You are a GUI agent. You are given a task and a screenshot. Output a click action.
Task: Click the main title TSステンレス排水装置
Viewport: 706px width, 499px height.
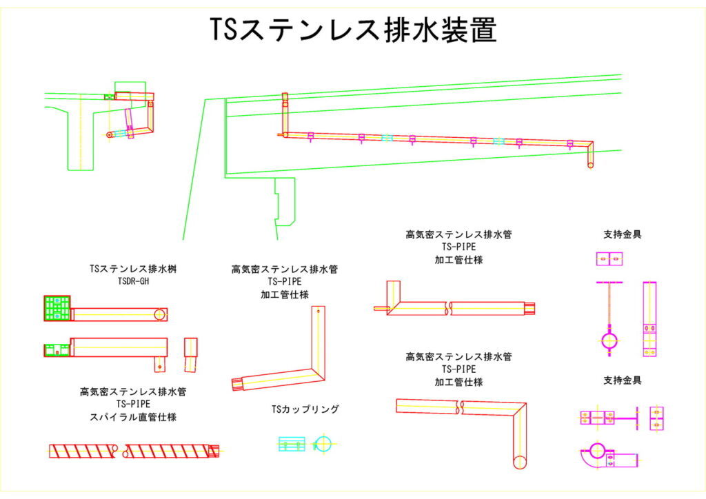tap(353, 30)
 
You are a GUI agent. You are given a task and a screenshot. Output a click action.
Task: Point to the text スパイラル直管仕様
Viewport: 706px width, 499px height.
tap(133, 416)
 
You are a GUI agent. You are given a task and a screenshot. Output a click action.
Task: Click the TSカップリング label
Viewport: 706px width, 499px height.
tap(305, 409)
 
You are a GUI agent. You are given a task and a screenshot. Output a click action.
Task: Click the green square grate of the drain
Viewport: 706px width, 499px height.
tap(57, 308)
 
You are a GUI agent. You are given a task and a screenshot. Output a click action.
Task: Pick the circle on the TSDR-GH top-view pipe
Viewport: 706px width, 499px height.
tap(159, 314)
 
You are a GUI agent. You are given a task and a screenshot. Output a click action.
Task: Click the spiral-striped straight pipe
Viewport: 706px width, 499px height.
tap(131, 452)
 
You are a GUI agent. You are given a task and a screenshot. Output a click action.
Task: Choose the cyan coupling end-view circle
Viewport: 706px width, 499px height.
tap(323, 443)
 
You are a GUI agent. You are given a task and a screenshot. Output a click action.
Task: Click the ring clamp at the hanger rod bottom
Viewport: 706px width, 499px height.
tap(609, 340)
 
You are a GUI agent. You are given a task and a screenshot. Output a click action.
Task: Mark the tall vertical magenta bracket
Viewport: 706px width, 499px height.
tap(649, 318)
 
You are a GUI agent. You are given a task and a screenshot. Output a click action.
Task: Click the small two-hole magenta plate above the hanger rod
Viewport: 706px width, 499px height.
tap(609, 259)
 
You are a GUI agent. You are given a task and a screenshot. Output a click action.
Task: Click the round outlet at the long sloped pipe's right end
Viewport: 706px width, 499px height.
tap(590, 165)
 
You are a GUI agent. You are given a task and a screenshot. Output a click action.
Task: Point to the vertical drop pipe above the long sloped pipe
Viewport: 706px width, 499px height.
tap(283, 112)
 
